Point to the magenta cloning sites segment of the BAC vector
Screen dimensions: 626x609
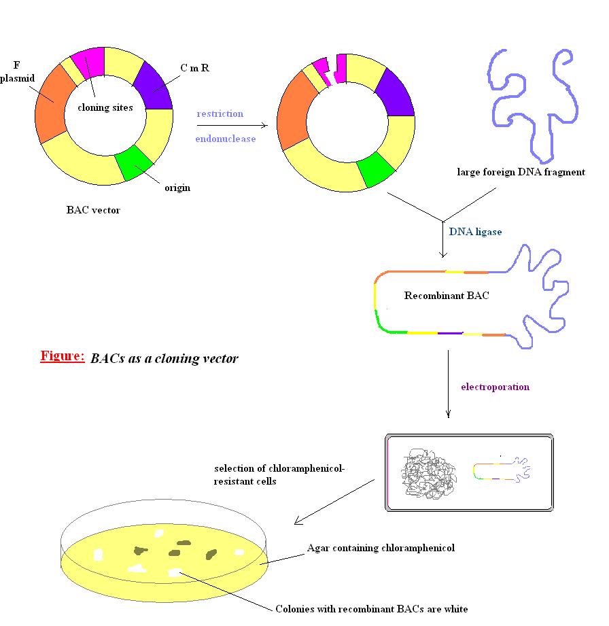88,63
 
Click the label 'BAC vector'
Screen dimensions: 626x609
93,210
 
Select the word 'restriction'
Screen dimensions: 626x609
220,114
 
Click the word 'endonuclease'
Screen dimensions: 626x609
226,139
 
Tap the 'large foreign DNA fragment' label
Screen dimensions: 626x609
521,172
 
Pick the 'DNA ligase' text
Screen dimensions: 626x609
475,232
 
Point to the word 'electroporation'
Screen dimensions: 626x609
495,387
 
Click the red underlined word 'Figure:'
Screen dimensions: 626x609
63,355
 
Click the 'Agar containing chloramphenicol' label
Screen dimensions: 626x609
380,548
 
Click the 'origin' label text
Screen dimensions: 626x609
177,188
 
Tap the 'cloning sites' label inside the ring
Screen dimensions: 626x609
105,107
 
